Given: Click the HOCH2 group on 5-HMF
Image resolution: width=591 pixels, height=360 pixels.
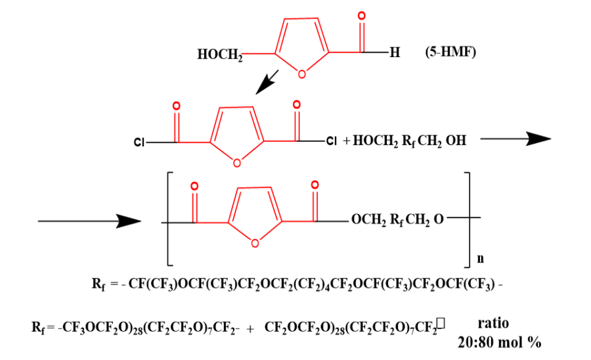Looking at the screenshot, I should point(219,55).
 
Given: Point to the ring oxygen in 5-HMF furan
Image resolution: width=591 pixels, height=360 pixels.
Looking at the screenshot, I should point(301,74).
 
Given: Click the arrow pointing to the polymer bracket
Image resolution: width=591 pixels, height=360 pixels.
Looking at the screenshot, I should point(86,222).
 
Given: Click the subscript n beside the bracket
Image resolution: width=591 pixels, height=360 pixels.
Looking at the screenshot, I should point(479,259).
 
